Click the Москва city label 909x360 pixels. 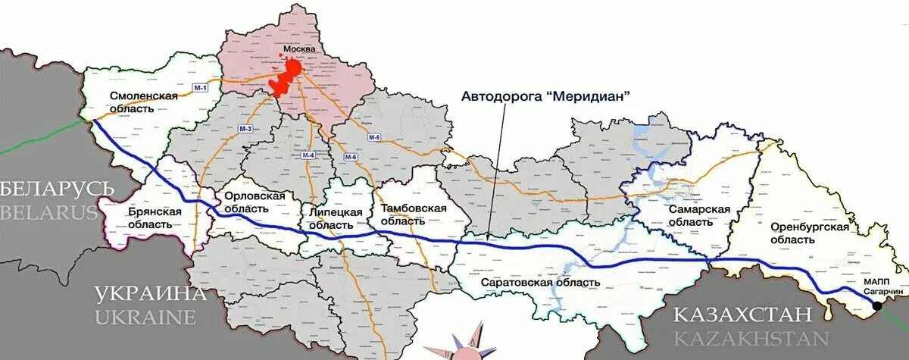coord(298,50)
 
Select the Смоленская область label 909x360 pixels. coord(143,102)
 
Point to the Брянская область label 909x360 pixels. coord(155,218)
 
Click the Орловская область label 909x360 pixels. coord(255,202)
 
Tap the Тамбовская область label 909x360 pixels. coord(414,214)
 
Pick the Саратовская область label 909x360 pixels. coord(540,283)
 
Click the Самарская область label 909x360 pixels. coord(699,215)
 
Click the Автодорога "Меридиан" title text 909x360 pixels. coord(546,96)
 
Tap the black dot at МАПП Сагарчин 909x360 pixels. coord(876,307)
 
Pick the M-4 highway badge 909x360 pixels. coord(308,155)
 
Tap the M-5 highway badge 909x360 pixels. coord(374,137)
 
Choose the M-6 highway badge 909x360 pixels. coord(350,156)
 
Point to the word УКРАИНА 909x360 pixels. coord(151,293)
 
